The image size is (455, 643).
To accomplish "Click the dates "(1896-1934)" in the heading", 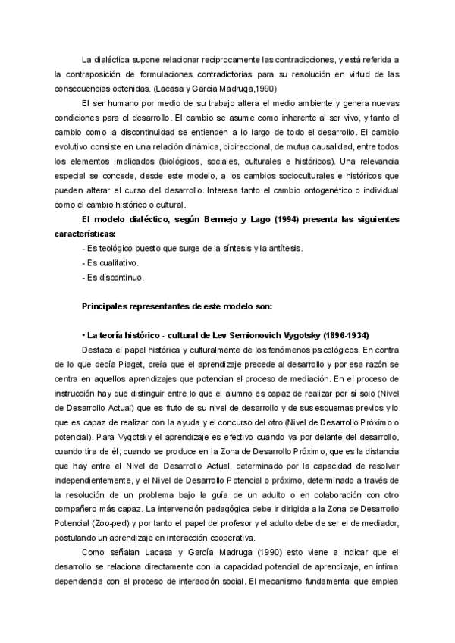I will click(x=344, y=335).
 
